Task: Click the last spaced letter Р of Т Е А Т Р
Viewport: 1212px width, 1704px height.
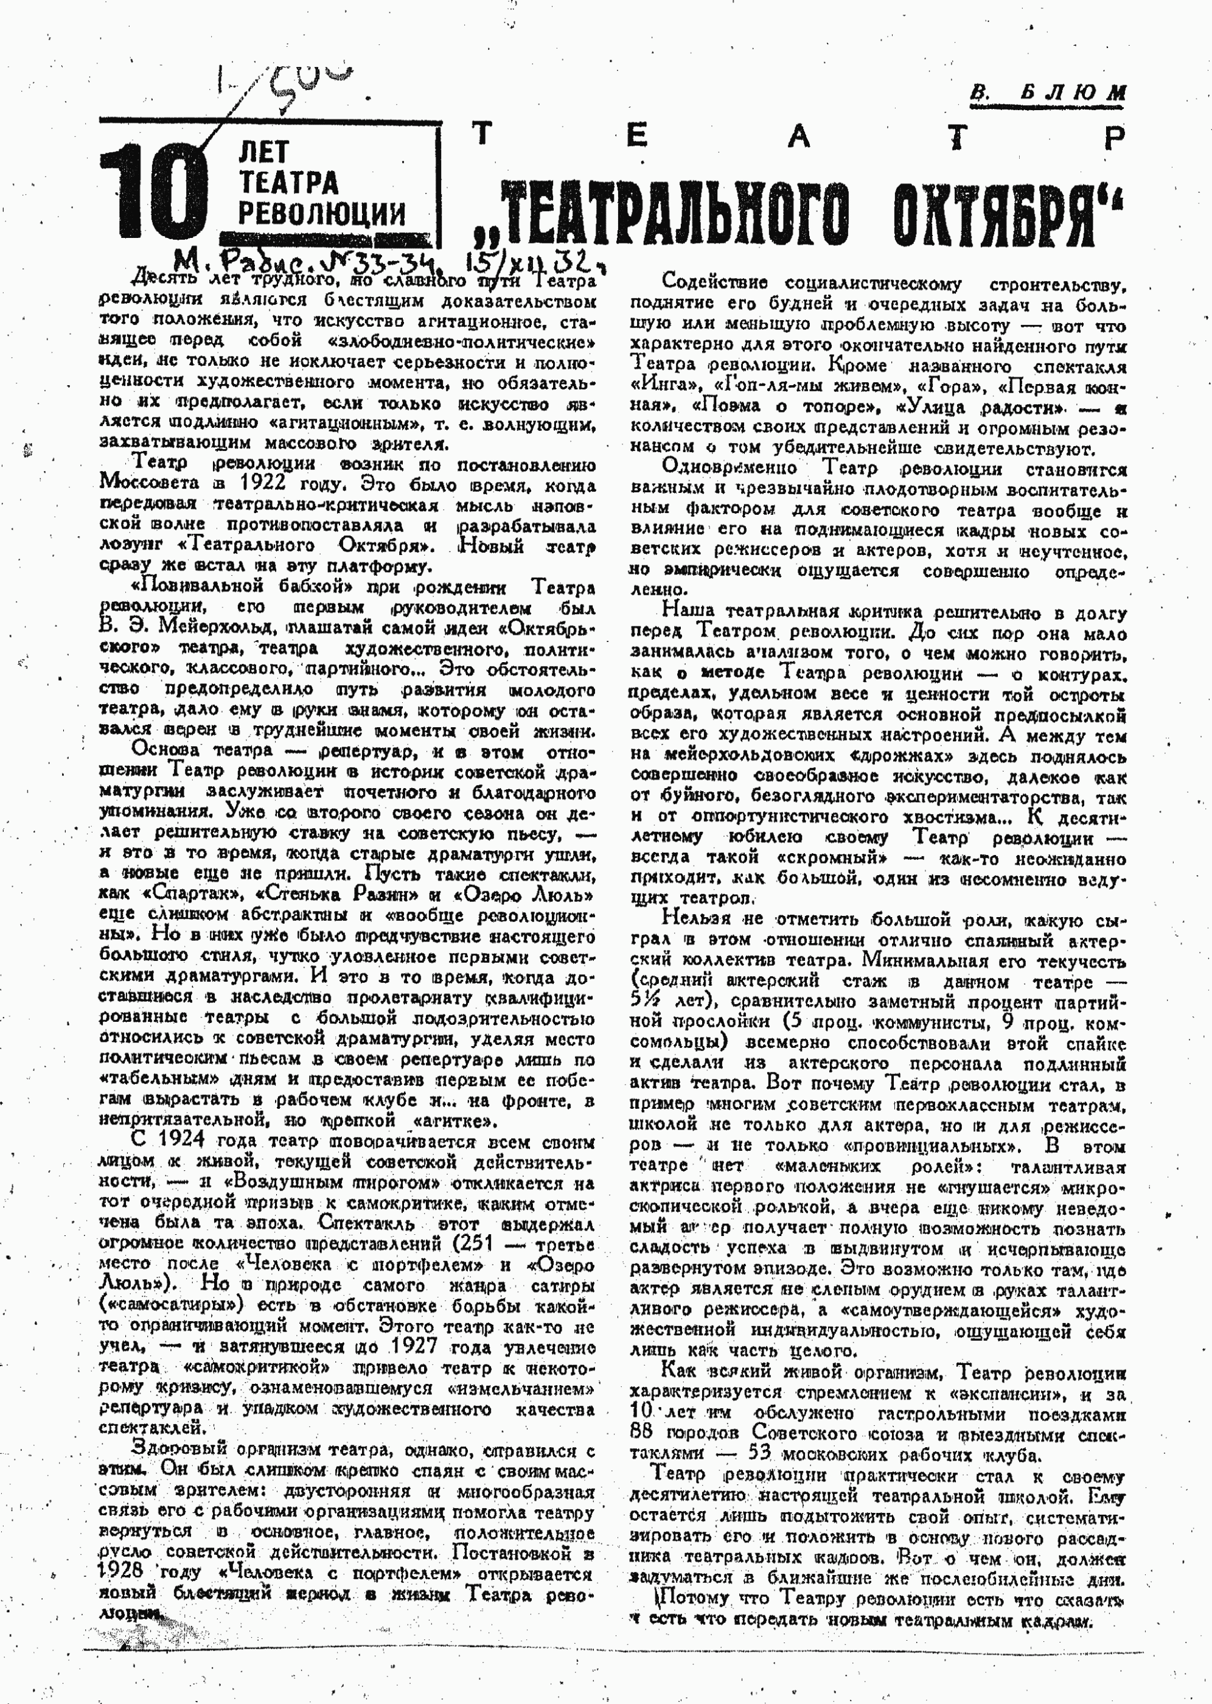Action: click(x=1114, y=138)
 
